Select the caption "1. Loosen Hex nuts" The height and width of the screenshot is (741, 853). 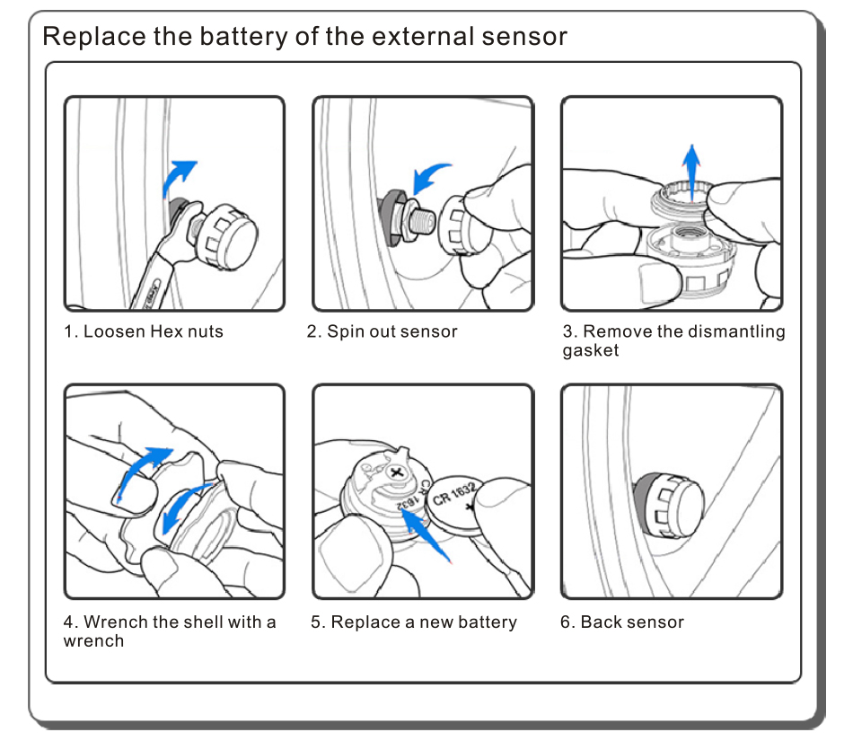(x=144, y=331)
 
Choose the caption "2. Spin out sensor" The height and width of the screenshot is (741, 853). (x=383, y=331)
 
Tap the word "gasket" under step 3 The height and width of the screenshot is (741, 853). (x=591, y=351)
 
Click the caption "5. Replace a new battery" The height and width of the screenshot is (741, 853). (x=414, y=622)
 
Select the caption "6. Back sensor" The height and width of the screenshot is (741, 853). (x=622, y=622)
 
